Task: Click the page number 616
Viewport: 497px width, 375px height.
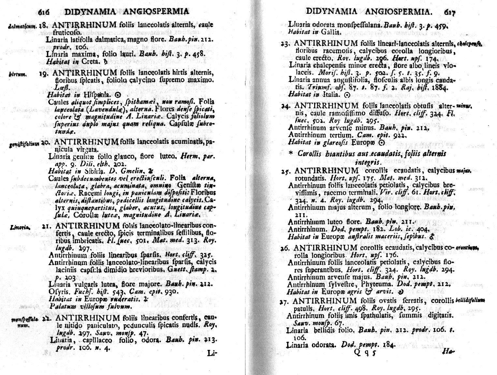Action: (44, 12)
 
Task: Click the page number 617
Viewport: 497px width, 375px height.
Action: (448, 12)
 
